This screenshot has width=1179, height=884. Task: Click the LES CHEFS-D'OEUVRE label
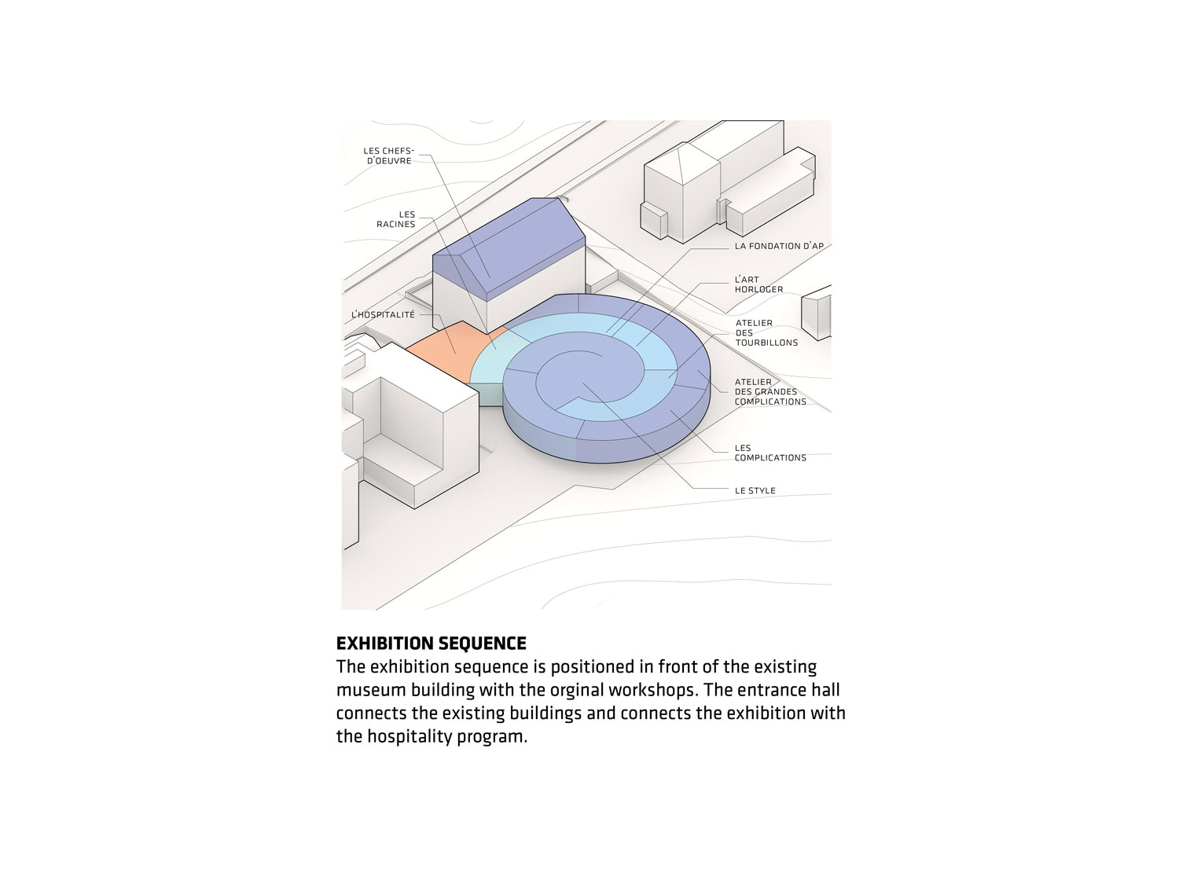[388, 156]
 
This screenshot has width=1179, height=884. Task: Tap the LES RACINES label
[396, 219]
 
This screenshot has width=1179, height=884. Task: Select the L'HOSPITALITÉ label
[383, 314]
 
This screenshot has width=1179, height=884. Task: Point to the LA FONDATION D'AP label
[779, 246]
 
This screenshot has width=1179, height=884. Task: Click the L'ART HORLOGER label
[758, 284]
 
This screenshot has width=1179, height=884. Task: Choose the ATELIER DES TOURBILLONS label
[766, 332]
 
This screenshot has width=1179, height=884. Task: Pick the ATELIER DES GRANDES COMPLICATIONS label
[770, 392]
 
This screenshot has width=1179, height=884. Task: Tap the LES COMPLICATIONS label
[770, 453]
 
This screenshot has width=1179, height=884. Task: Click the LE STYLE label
[755, 490]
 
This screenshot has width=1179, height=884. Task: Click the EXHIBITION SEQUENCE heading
[432, 643]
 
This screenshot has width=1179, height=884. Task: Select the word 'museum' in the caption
[370, 690]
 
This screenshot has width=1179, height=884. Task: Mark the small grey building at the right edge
[817, 314]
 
